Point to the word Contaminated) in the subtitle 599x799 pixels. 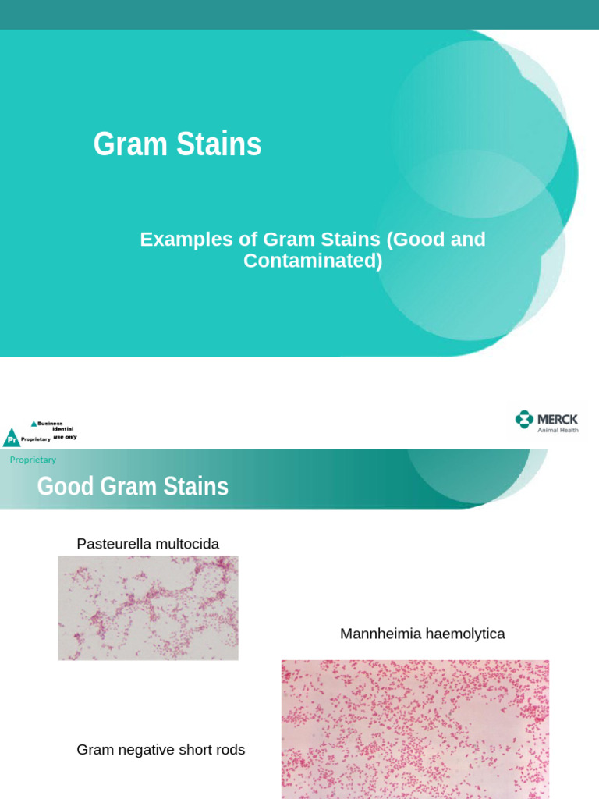(x=313, y=261)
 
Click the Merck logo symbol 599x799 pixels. (x=524, y=420)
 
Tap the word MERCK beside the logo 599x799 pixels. (x=558, y=419)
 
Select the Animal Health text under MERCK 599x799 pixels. (x=558, y=430)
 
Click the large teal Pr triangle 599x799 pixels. (x=11, y=439)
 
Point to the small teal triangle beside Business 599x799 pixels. (x=34, y=424)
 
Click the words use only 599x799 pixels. (x=65, y=437)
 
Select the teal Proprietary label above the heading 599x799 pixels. (x=33, y=460)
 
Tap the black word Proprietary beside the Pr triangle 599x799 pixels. (x=36, y=439)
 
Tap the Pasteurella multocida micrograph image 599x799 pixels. (x=148, y=608)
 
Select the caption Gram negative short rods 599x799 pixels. (x=161, y=750)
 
